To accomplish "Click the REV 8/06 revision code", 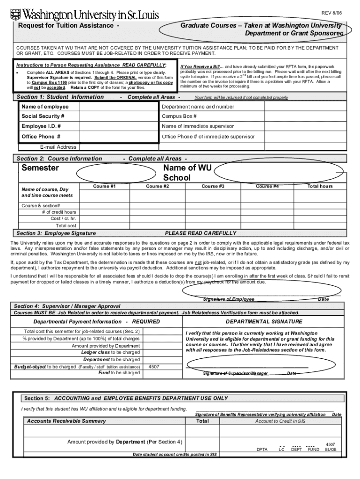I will click(331, 12).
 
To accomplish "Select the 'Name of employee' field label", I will click(45, 107).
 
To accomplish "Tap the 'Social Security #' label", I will click(43, 116).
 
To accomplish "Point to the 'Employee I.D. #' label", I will click(41, 126).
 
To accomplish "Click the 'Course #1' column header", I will click(104, 186).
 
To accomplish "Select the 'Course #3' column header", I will click(213, 186).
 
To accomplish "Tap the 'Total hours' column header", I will click(320, 186).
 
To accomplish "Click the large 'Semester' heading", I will click(41, 168).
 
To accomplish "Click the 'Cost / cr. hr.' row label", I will click(64, 218).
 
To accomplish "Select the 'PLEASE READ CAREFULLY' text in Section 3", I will click(201, 233).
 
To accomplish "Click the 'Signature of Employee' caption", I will click(229, 299).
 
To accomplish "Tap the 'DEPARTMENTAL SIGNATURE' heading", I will click(264, 322).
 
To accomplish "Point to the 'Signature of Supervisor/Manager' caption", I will click(235, 373).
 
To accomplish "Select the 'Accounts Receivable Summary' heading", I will click(66, 421).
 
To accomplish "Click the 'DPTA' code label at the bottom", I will click(262, 450).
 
